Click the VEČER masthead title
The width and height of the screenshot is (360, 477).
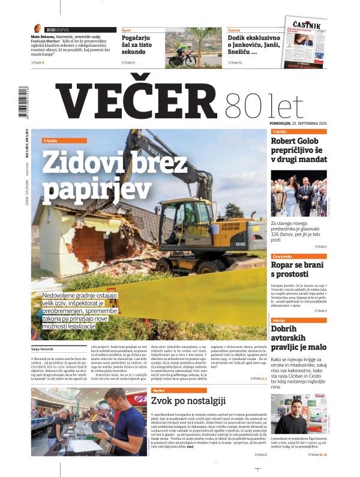point(129,100)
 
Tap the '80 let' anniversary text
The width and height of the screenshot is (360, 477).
point(248,107)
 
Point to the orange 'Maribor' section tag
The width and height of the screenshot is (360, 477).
point(162,390)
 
